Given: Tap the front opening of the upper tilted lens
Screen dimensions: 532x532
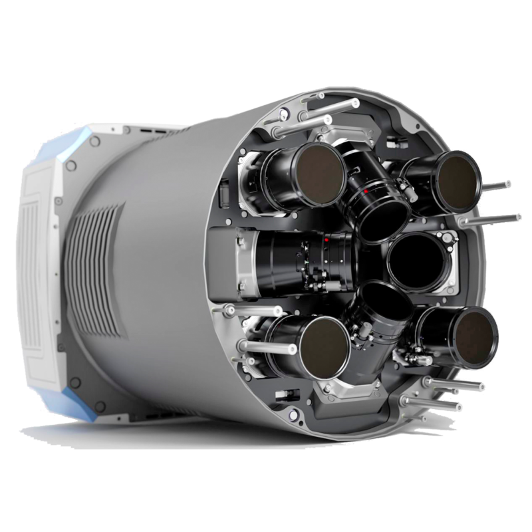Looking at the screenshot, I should click(x=384, y=217).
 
